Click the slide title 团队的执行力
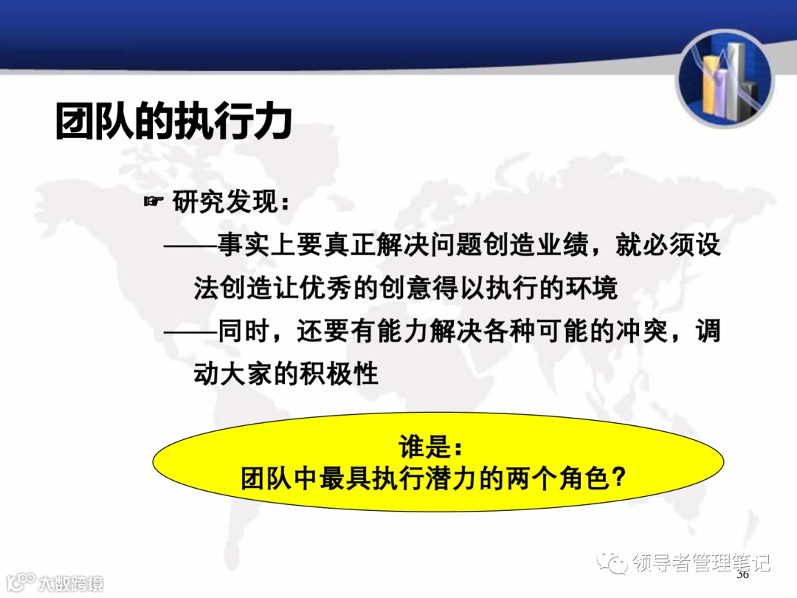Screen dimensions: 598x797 coord(174,123)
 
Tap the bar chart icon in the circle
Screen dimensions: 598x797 coord(725,78)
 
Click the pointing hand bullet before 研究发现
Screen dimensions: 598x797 coord(153,200)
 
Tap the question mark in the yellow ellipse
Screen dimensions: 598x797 coord(620,478)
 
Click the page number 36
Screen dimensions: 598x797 coord(742,574)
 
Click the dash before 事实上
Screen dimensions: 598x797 coord(189,247)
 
